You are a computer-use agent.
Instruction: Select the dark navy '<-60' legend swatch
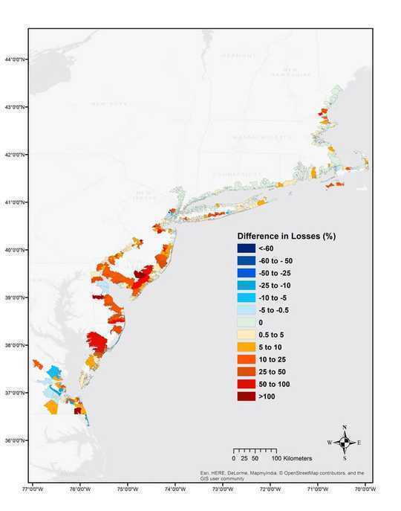pyautogui.click(x=246, y=248)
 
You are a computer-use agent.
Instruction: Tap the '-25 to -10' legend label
pyautogui.click(x=274, y=286)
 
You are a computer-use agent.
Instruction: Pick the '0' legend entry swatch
pyautogui.click(x=246, y=323)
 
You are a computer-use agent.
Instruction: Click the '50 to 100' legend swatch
pyautogui.click(x=246, y=385)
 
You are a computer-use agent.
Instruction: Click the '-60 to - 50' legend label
pyautogui.click(x=276, y=261)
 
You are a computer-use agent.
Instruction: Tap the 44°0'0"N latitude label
pyautogui.click(x=14, y=60)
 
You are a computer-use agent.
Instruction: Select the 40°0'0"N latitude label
pyautogui.click(x=14, y=250)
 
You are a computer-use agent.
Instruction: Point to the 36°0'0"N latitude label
pyautogui.click(x=14, y=440)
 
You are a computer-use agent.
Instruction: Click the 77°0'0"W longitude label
pyautogui.click(x=33, y=489)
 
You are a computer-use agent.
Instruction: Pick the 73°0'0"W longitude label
pyautogui.click(x=222, y=489)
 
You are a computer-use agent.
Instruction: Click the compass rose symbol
pyautogui.click(x=345, y=442)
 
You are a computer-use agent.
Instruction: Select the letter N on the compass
pyautogui.click(x=345, y=428)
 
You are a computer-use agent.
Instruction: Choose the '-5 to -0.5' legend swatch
pyautogui.click(x=246, y=310)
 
